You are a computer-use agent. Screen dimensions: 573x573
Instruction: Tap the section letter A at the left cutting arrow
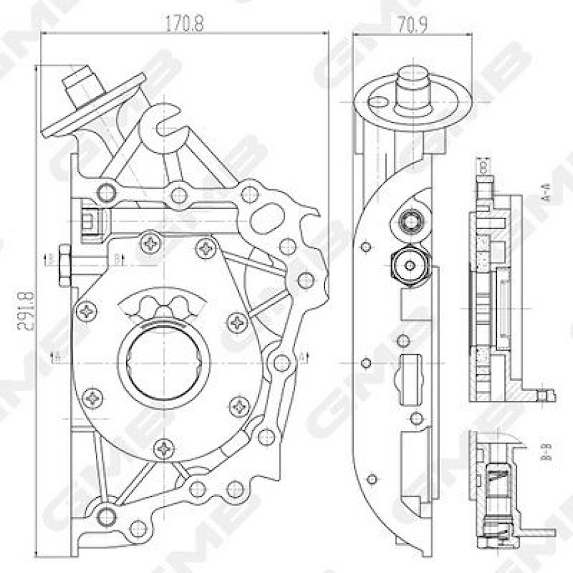[57, 357]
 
